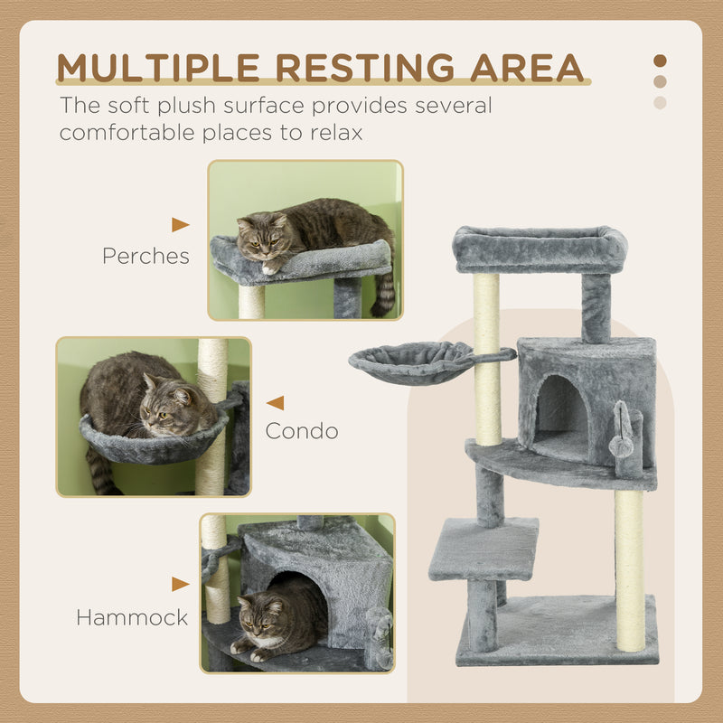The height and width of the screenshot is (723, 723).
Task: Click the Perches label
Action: click(x=146, y=256)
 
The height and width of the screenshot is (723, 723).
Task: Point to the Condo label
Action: click(x=302, y=431)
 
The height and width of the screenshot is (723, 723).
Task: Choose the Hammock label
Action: click(x=132, y=618)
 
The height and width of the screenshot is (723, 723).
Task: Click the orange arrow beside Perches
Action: click(x=181, y=225)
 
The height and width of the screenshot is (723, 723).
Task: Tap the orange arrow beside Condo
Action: click(x=275, y=403)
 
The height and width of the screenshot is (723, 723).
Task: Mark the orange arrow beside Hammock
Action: click(x=181, y=585)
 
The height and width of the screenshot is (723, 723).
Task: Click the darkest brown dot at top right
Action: click(x=660, y=61)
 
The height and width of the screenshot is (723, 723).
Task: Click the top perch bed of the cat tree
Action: click(x=540, y=249)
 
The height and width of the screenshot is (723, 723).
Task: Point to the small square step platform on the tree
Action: click(x=483, y=549)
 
